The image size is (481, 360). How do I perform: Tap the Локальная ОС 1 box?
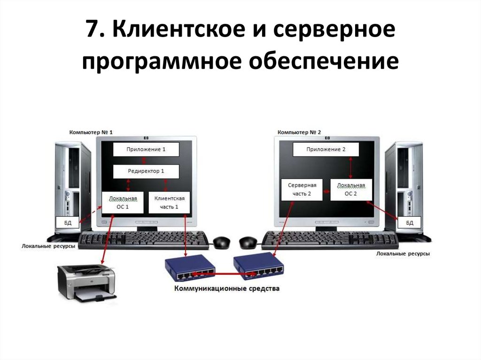tap(123, 202)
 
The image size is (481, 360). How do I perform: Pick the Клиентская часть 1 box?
tap(170, 202)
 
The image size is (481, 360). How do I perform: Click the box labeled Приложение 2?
tap(326, 150)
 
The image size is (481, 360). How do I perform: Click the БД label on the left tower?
tap(68, 223)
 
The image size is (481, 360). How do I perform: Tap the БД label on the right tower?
tap(410, 223)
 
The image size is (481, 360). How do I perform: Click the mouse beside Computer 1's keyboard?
tap(222, 242)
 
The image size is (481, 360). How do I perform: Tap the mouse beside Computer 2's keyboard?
tap(248, 243)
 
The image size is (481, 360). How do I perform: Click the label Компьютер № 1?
tap(91, 132)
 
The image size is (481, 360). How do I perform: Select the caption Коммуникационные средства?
tap(226, 289)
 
